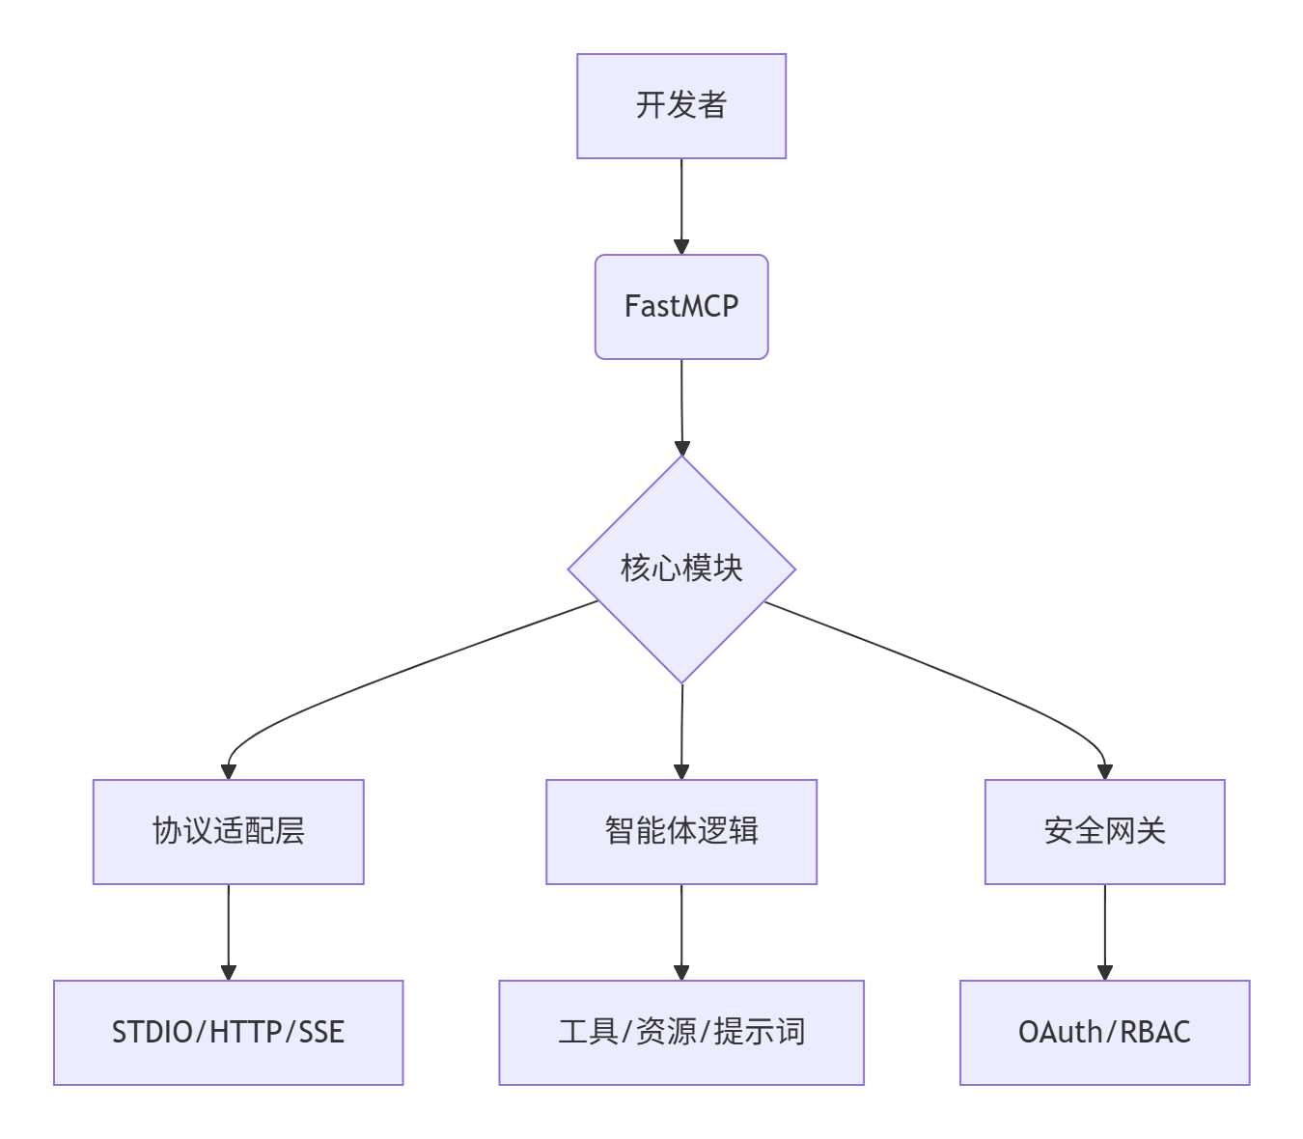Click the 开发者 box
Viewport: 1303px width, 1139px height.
[681, 106]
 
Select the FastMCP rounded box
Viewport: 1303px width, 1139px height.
[681, 307]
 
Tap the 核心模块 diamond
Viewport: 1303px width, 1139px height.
[681, 569]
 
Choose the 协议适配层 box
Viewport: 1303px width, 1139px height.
[228, 831]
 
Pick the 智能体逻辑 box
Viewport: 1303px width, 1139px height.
[681, 831]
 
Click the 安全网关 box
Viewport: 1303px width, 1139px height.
[1104, 831]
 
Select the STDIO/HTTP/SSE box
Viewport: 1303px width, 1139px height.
[228, 1032]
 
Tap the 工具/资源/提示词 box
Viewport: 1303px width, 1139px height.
[681, 1032]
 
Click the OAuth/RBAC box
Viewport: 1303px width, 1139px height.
[1104, 1032]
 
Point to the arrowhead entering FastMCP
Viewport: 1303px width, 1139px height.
[681, 247]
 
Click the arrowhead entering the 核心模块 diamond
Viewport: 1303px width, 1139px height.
[682, 448]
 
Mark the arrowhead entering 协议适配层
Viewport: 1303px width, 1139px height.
[229, 771]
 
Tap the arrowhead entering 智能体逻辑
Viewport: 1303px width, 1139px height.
[681, 771]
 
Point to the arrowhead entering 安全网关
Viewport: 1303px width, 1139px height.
[1105, 771]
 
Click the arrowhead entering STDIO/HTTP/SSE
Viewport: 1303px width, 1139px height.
[229, 972]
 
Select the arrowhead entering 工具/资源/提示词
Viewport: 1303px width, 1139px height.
[681, 972]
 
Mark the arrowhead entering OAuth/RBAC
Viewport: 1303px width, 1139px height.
[1105, 972]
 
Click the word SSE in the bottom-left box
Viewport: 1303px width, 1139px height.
[321, 1032]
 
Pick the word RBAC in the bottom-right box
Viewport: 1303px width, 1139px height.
[1155, 1032]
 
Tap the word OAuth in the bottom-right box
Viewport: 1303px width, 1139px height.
[1060, 1032]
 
